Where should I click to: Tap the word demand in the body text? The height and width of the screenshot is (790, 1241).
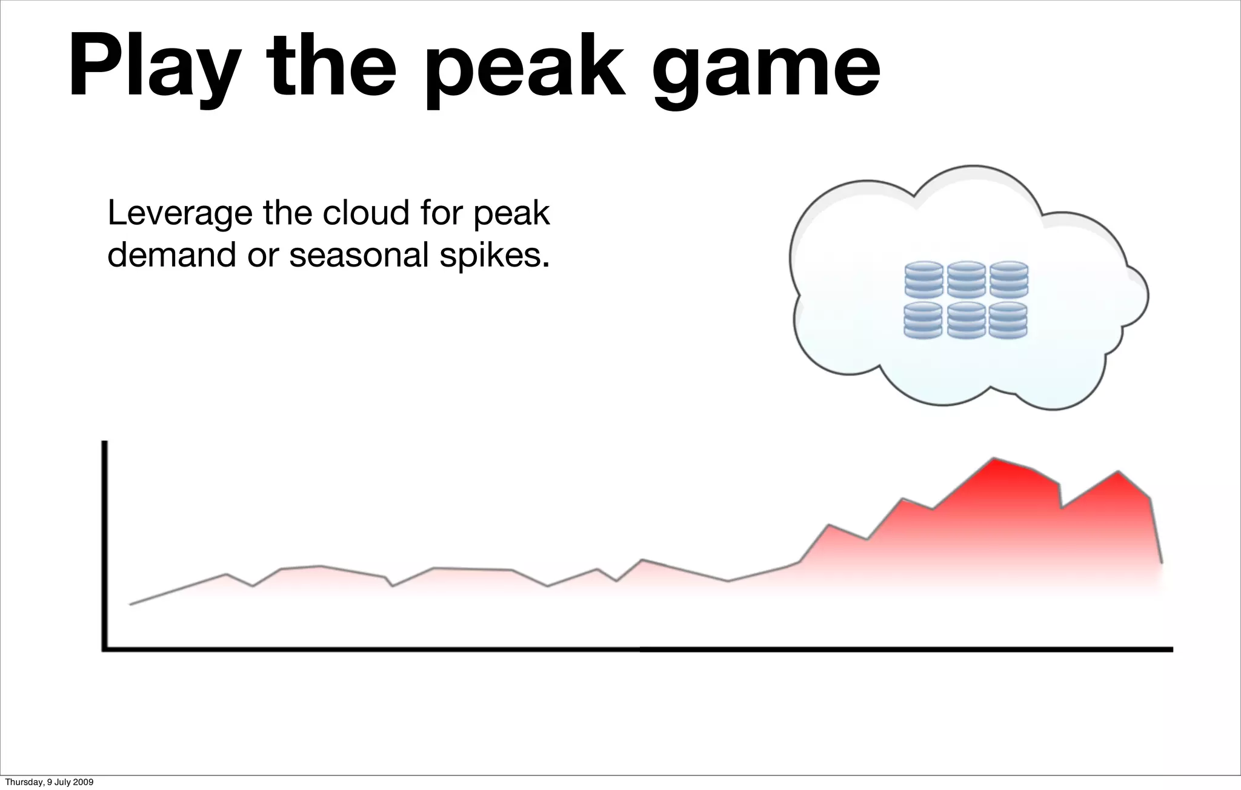click(172, 255)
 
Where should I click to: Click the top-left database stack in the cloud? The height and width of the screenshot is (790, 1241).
click(923, 280)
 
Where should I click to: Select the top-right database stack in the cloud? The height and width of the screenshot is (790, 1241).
click(1008, 280)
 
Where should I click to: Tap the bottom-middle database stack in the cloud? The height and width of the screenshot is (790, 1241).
click(966, 320)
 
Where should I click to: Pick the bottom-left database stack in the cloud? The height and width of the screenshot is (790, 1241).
click(923, 320)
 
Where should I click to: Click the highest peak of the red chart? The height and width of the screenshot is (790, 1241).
click(994, 459)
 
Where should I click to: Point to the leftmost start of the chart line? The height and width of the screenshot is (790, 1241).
click(131, 604)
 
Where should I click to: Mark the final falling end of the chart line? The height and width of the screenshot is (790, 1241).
click(1161, 562)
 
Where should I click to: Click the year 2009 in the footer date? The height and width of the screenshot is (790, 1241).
click(84, 783)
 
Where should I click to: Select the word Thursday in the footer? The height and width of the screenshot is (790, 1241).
click(21, 783)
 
